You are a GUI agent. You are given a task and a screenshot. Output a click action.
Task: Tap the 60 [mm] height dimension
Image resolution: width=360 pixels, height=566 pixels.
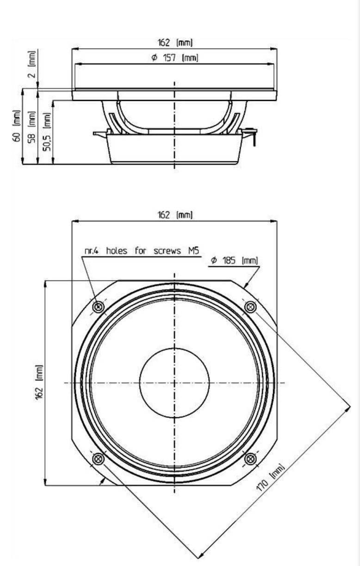17,127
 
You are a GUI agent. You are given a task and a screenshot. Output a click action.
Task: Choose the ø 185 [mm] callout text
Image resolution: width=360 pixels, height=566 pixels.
234,261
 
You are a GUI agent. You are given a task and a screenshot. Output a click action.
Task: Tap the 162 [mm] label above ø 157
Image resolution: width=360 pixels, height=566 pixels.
174,43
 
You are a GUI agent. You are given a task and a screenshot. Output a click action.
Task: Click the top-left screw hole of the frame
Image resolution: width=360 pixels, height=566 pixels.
98,307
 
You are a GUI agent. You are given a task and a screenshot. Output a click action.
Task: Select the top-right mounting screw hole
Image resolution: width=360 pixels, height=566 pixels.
250,307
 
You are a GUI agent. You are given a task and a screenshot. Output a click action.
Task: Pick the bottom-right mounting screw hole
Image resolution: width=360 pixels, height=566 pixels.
250,459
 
